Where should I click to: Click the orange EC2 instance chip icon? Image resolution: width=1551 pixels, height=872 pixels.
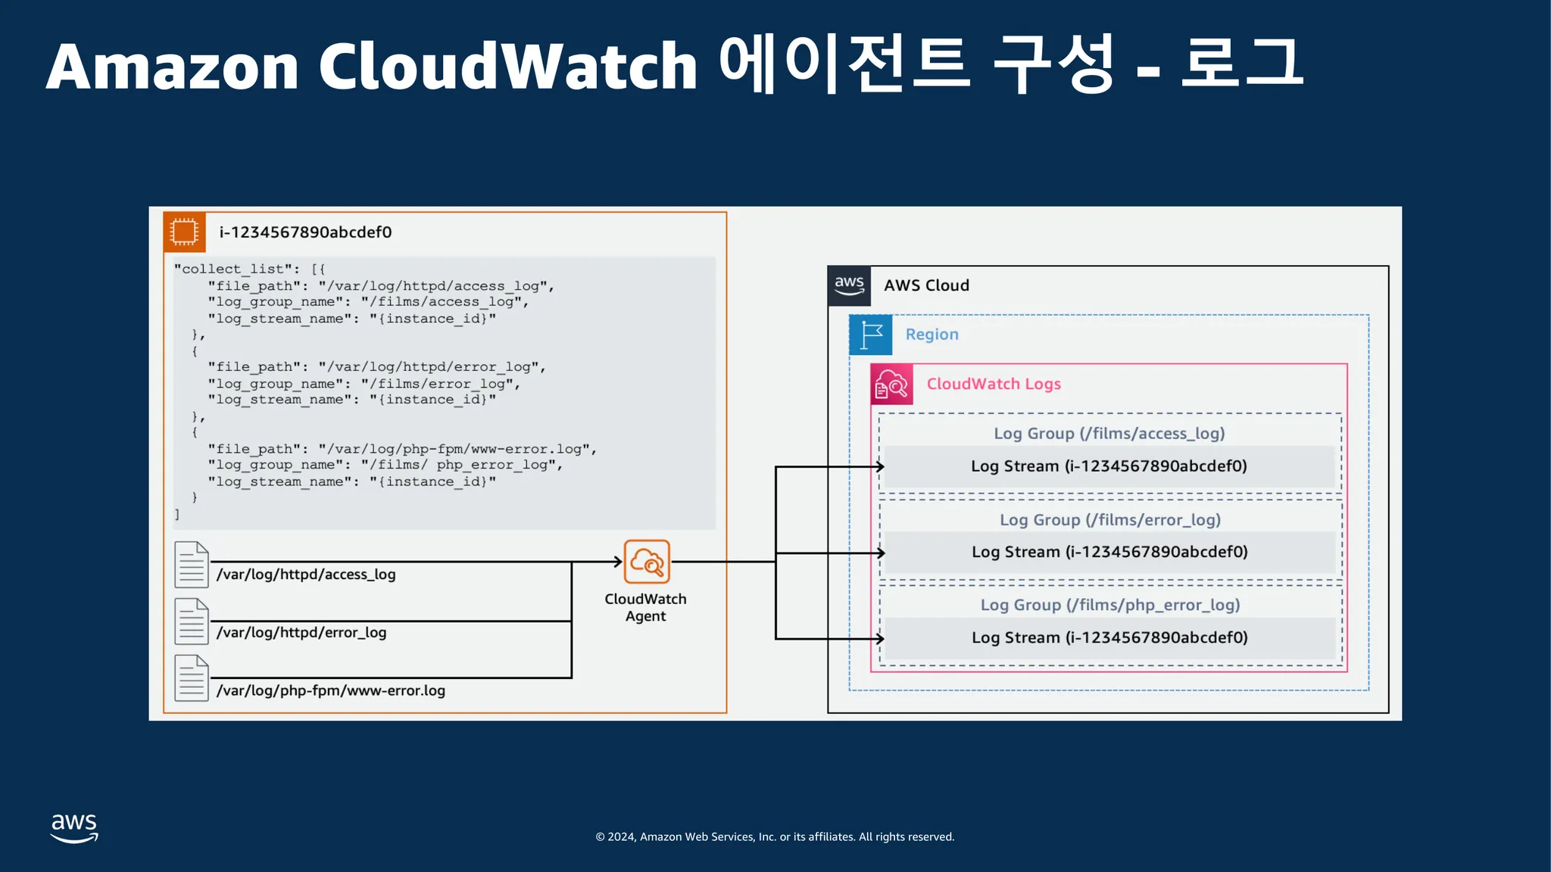tap(184, 232)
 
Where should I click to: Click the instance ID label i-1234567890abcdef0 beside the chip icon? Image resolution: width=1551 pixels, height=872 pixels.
tap(305, 232)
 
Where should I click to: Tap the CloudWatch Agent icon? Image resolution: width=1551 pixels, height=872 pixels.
tap(647, 562)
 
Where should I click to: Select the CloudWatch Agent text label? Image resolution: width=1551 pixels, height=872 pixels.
tap(646, 607)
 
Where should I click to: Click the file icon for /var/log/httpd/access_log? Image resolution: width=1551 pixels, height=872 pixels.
tap(192, 565)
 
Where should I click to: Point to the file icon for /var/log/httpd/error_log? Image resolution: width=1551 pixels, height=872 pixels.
tap(192, 621)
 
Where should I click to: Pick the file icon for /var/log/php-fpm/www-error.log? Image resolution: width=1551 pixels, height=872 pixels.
tap(192, 678)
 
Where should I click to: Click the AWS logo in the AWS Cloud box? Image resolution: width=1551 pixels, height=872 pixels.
tap(849, 286)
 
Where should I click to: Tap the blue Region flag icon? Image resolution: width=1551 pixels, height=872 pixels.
tap(871, 335)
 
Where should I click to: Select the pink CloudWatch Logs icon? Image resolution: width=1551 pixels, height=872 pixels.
tap(891, 385)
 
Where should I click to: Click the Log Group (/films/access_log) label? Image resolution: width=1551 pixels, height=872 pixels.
tap(1109, 434)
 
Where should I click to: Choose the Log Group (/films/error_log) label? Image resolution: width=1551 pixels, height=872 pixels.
tap(1110, 520)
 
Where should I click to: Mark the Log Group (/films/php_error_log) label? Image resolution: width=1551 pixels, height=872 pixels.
tap(1110, 606)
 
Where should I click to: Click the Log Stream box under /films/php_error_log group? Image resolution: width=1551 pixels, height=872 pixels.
tap(1110, 638)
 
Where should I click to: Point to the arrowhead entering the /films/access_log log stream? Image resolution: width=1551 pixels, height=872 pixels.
tap(880, 467)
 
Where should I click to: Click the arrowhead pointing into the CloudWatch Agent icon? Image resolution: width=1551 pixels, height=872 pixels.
tap(618, 562)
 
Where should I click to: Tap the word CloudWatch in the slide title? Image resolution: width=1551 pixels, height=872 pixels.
tap(507, 67)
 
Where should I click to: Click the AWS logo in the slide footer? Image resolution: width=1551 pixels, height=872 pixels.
tap(74, 828)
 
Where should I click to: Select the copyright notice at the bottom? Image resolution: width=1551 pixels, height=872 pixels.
tap(775, 837)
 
